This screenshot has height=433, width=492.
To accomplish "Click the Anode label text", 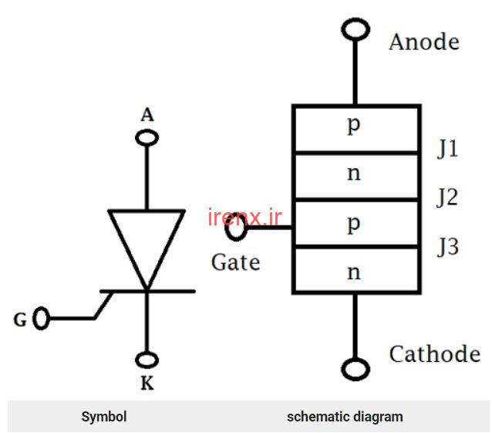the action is (424, 42).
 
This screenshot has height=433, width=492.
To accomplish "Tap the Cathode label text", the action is (435, 354).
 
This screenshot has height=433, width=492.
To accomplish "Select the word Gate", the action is (236, 262).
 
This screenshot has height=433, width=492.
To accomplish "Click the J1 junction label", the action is (448, 148).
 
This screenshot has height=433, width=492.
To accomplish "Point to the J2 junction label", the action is (447, 198).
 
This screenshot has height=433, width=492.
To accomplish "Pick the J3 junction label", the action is (448, 247).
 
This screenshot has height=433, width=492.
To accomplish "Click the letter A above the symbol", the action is (147, 115).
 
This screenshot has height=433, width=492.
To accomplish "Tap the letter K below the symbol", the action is (147, 384).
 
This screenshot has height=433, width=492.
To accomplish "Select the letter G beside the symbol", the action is (20, 320).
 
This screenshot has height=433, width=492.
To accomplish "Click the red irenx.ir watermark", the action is (244, 217).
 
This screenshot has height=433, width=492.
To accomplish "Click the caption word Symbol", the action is (104, 417).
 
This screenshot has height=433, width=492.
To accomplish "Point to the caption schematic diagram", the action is (345, 417).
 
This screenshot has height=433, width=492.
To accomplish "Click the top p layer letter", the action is (354, 125).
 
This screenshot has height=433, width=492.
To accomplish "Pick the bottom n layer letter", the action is (354, 272).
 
